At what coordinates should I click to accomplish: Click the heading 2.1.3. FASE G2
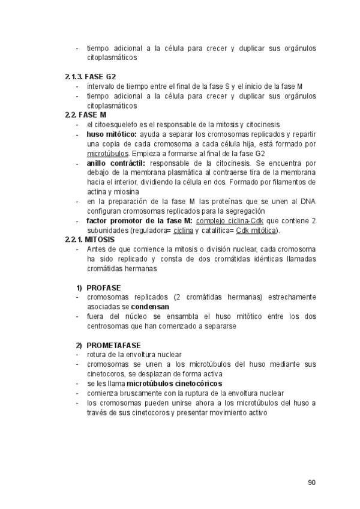point(91,77)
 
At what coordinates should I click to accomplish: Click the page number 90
point(311,482)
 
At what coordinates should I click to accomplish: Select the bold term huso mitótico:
point(112,134)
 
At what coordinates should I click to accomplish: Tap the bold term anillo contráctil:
point(116,163)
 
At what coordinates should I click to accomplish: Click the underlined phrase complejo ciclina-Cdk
point(231,221)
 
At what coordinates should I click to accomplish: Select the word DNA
point(307,201)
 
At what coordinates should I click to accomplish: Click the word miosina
point(125,191)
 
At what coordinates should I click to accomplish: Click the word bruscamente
point(128,393)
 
